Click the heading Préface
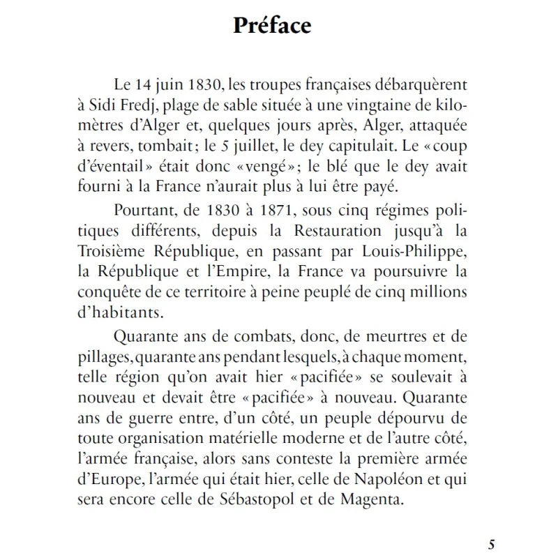tap(272, 26)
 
